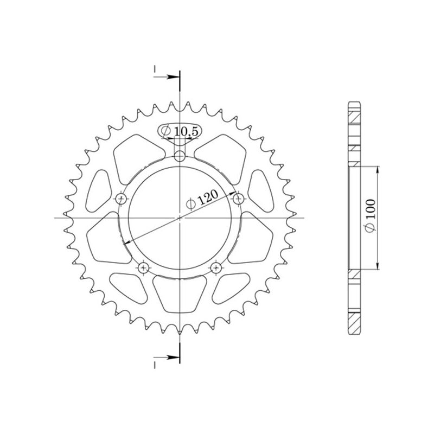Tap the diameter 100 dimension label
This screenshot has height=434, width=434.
click(371, 217)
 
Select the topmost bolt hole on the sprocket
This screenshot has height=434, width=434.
click(180, 157)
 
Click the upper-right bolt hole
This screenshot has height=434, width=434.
click(237, 200)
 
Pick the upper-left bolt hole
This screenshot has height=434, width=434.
click(121, 199)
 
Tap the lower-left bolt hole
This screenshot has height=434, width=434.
click(144, 267)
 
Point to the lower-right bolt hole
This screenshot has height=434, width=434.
click(216, 267)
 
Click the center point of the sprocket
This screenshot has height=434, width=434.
click(180, 218)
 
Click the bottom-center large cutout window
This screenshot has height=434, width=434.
click(180, 293)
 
